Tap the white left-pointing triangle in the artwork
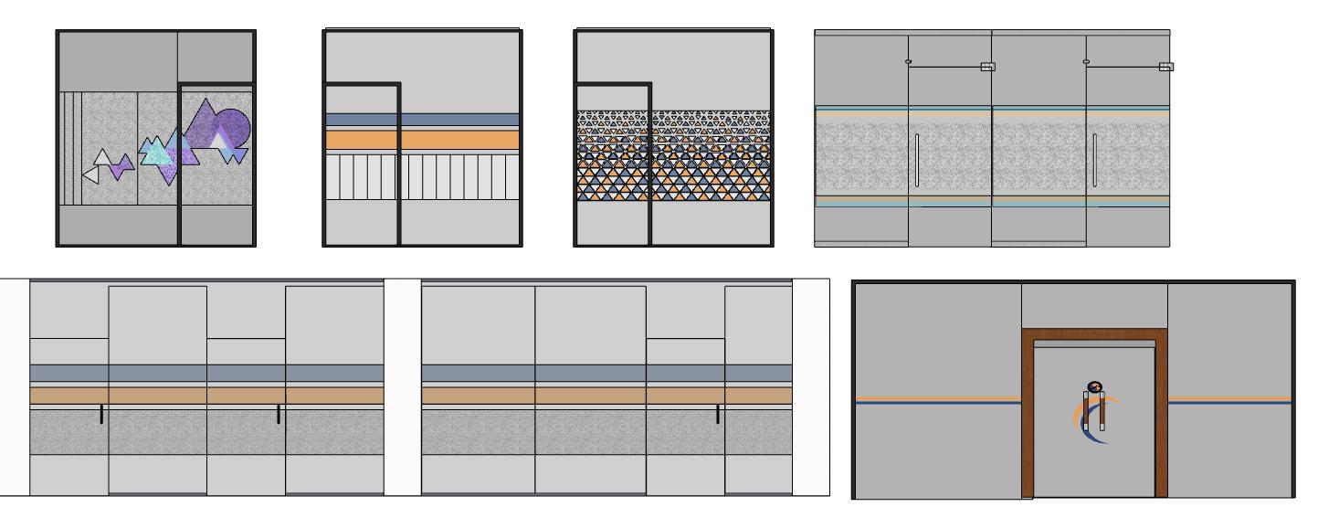point(90,174)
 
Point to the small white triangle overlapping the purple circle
point(219,139)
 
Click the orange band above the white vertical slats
point(422,140)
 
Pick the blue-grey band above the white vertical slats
point(422,120)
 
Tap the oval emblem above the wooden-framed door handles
point(1095,386)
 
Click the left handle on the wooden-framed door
point(1086,410)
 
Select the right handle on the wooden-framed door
point(1103,410)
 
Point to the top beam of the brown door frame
point(1095,334)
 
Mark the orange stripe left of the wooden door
point(937,399)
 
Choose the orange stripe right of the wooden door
point(1229,399)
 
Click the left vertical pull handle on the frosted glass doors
point(916,160)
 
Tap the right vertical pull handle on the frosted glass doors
point(1094,160)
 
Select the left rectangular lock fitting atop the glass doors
point(987,66)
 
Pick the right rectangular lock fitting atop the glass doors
point(1165,66)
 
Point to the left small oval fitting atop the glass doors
point(908,61)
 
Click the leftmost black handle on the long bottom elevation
point(101,414)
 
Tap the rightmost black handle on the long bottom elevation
point(718,414)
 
